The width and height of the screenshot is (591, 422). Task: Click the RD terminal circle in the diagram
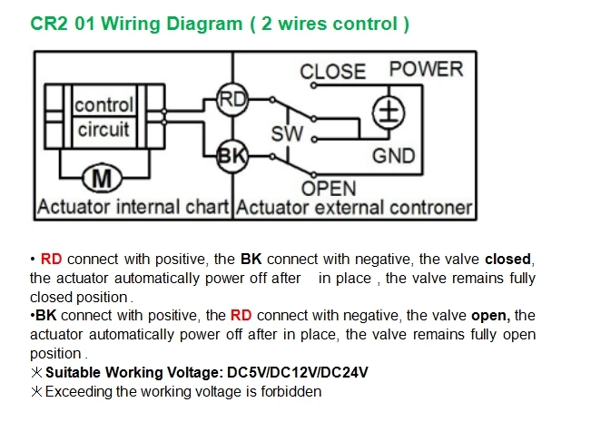(x=232, y=100)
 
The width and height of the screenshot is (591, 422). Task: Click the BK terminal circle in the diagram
(x=232, y=156)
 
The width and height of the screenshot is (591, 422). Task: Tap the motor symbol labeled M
(x=102, y=178)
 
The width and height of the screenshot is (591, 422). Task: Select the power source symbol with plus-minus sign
(x=389, y=113)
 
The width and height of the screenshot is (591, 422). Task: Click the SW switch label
(x=287, y=133)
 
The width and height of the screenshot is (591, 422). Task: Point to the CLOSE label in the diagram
(x=333, y=71)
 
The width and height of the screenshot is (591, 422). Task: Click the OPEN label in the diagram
(x=329, y=189)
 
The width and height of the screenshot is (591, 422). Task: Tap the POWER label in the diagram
(x=426, y=69)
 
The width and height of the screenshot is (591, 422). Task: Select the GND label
(x=393, y=155)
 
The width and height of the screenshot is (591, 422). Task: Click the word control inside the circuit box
(x=104, y=104)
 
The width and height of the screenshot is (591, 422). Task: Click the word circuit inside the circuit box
(x=103, y=130)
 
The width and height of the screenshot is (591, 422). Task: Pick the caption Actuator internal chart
(x=133, y=207)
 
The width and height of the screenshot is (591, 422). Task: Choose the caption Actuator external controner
(x=354, y=208)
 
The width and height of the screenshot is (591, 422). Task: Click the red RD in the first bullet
(x=51, y=260)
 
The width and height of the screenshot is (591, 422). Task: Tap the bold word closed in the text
(x=507, y=260)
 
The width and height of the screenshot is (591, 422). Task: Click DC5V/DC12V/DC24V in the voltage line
(x=298, y=372)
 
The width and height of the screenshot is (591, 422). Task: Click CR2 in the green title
(x=49, y=24)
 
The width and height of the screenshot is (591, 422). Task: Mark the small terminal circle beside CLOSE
(x=313, y=85)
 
